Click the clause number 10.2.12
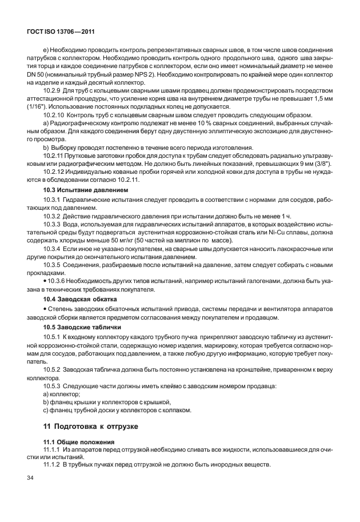(x=54, y=172)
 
